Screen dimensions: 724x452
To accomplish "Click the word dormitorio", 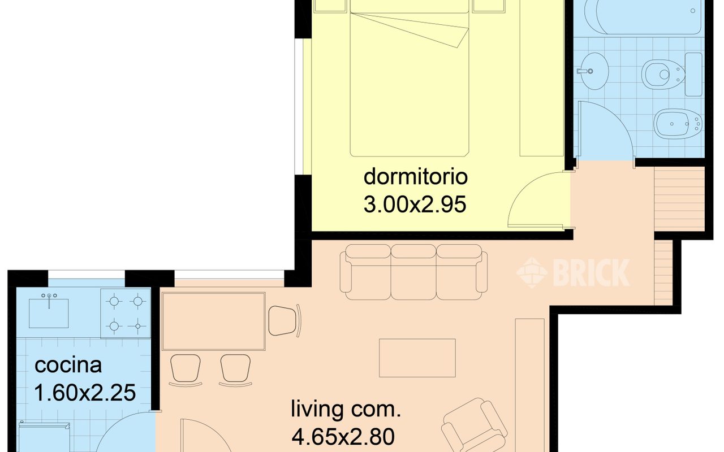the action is (x=416, y=177).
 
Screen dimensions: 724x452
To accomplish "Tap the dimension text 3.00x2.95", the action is (x=415, y=205).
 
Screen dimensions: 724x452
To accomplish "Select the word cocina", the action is (x=68, y=365).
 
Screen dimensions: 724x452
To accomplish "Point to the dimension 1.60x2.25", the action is (x=85, y=393).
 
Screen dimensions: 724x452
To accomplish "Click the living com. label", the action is (x=346, y=410).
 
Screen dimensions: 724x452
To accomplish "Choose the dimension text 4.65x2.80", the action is (x=343, y=436).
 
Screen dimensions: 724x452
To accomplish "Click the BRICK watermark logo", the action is (x=573, y=272).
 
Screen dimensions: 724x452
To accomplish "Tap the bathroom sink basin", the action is (x=592, y=71).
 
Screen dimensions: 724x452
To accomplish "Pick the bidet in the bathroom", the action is (x=678, y=124).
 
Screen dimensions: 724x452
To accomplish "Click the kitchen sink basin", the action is (x=49, y=313).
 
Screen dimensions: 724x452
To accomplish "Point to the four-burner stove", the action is (x=126, y=314).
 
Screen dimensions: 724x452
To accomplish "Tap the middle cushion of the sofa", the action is (x=413, y=272).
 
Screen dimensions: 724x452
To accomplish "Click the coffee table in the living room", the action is (x=417, y=358).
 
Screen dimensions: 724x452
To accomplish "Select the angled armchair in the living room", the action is (x=475, y=425).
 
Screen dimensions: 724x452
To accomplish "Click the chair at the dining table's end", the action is (x=285, y=320).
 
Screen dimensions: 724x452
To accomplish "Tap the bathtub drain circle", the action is (x=693, y=11).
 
